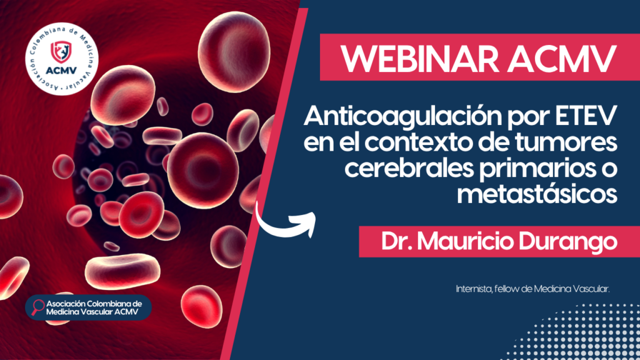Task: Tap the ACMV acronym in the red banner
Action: [x=562, y=58]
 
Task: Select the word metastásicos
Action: [x=537, y=194]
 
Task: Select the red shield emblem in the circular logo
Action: [x=61, y=52]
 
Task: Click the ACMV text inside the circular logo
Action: [x=61, y=71]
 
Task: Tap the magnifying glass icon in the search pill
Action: [x=37, y=307]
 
